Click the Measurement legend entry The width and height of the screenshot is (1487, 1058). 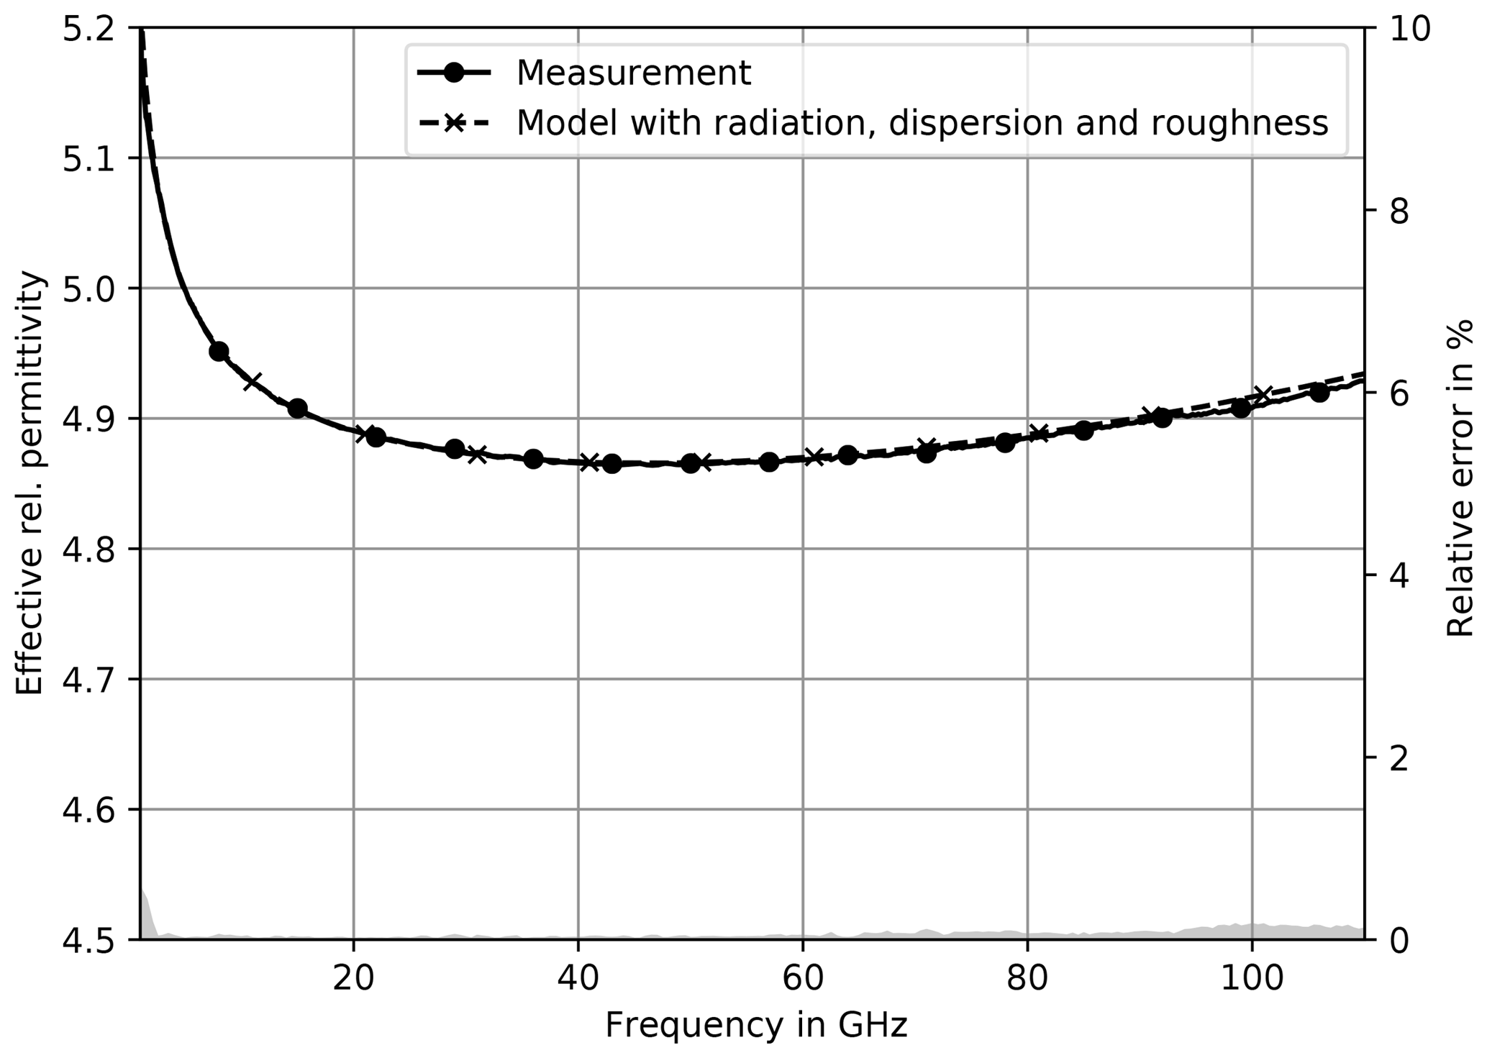[633, 73]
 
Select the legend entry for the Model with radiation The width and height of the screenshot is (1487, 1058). [922, 123]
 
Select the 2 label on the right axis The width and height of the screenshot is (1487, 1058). [1399, 757]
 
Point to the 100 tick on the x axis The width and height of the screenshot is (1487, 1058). [1252, 979]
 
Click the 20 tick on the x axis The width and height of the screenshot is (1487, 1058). [353, 979]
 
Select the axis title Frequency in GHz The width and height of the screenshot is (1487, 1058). [755, 1025]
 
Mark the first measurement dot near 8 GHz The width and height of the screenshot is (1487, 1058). [219, 351]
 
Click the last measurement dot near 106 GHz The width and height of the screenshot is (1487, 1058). [1319, 392]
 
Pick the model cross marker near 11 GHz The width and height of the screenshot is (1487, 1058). [252, 381]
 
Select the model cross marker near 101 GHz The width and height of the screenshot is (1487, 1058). [1263, 396]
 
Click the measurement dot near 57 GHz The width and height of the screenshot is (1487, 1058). [769, 462]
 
